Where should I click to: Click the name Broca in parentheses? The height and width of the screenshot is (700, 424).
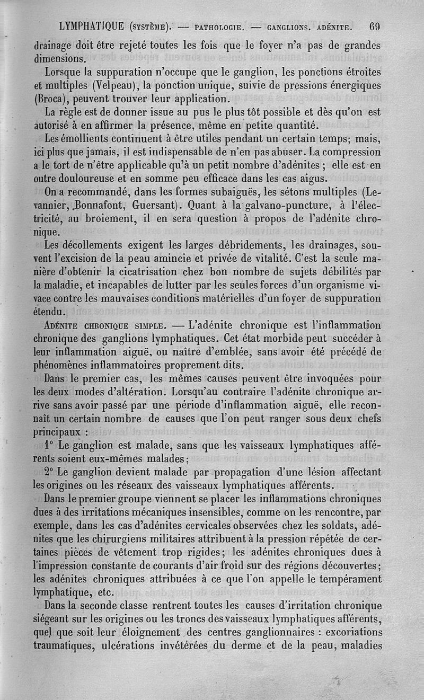point(50,99)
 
